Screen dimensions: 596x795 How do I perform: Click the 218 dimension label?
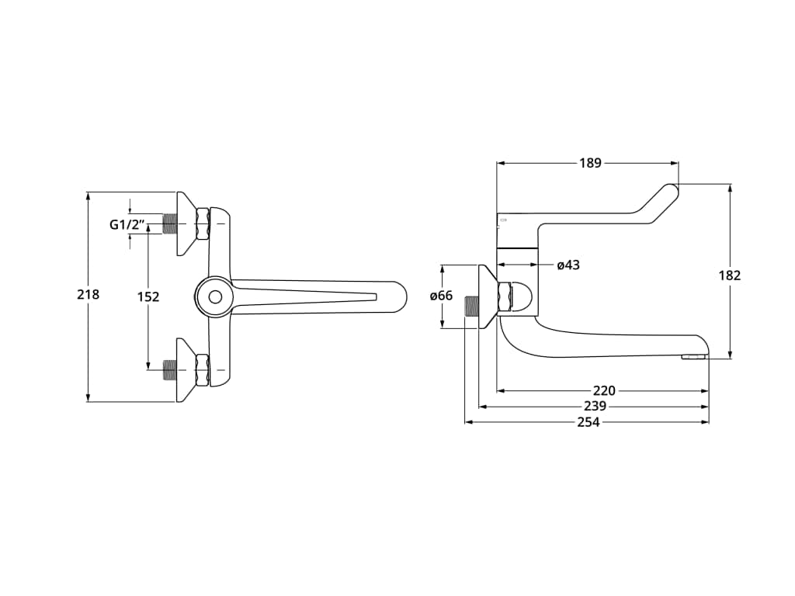(88, 295)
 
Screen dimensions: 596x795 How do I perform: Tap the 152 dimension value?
(148, 296)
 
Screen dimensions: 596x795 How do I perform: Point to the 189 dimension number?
(590, 163)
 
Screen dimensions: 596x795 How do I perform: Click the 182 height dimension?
(730, 275)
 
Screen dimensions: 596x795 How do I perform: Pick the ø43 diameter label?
(568, 265)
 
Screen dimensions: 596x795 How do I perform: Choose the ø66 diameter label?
(441, 296)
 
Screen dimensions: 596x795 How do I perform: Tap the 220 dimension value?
(604, 391)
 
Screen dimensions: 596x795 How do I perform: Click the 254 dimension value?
(588, 422)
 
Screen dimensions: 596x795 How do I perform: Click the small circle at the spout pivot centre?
(214, 296)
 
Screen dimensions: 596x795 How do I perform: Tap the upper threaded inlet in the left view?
(171, 223)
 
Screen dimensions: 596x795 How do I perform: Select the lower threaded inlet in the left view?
(171, 370)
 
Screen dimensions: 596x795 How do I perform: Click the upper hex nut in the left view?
(203, 223)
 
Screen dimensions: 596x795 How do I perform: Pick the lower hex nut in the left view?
(203, 370)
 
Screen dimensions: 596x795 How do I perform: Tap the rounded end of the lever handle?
(670, 190)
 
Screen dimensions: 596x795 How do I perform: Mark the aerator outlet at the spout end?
(694, 357)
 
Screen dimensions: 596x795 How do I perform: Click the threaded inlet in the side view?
(470, 307)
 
